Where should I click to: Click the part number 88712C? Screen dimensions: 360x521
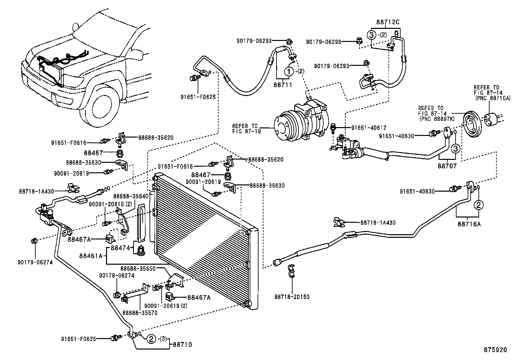[x=388, y=22]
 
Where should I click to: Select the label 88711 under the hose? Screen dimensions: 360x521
[x=283, y=85]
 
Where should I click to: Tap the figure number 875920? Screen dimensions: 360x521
[x=495, y=350]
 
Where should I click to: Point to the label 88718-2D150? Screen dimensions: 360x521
[x=292, y=297]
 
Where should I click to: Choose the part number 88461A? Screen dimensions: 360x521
[x=93, y=255]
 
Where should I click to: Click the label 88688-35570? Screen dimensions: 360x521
[x=140, y=313]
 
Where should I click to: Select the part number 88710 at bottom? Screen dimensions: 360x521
[x=182, y=345]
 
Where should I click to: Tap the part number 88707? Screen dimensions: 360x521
[x=447, y=166]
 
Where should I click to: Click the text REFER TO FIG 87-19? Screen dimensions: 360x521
[x=245, y=128]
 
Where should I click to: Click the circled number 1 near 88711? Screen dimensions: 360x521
[x=289, y=71]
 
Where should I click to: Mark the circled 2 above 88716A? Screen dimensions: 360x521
[x=478, y=205]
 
